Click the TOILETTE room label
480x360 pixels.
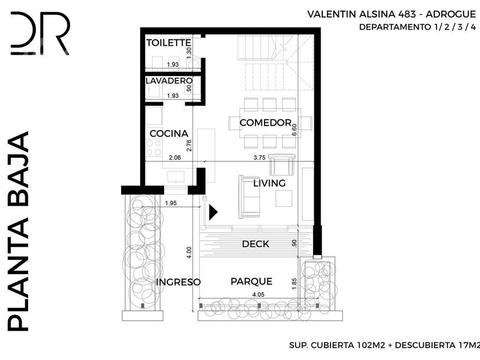pos(169,42)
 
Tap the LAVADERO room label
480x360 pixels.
pos(169,81)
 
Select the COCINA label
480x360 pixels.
pos(169,134)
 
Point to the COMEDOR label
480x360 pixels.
pos(265,123)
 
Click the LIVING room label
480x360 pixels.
pos(269,183)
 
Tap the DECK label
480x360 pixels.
pos(255,244)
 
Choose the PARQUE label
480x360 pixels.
pos(251,281)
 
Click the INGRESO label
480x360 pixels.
pos(178,282)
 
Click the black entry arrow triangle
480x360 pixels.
pos(213,212)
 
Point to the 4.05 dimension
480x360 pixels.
pos(258,294)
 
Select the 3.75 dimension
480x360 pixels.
pos(259,157)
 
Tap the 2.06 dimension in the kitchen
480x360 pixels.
pos(175,157)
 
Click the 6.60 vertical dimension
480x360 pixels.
pos(294,130)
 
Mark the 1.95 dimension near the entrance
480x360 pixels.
pos(170,203)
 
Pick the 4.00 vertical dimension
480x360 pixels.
pos(189,253)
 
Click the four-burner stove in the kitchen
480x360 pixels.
pos(154,147)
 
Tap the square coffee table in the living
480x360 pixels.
pos(284,198)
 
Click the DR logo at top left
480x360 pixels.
pos(40,33)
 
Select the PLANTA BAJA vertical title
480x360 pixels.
pos(18,231)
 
